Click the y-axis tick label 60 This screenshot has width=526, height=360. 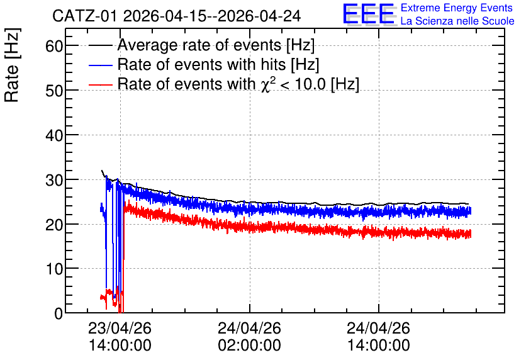tap(54, 45)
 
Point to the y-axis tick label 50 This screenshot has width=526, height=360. tap(54, 91)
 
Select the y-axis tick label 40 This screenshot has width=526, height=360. tap(54, 135)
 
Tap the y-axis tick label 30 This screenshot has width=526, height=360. tap(54, 180)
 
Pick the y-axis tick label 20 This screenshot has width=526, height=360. tap(54, 225)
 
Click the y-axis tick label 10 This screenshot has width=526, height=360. tap(54, 269)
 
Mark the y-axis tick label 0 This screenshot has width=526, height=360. tap(59, 313)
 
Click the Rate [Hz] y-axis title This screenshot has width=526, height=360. tap(12, 65)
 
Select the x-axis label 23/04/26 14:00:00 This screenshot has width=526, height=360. tap(120, 337)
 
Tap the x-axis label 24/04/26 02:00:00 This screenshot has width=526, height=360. tap(249, 337)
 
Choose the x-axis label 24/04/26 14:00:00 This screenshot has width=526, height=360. tap(378, 337)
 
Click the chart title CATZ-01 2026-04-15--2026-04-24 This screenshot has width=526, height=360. tap(176, 16)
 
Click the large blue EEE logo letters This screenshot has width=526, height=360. tap(368, 14)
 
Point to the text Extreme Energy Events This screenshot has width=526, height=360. tap(457, 8)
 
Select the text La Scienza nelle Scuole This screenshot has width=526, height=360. tap(457, 21)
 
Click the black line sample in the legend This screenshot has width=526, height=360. tap(100, 45)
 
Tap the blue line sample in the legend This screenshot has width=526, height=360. tap(100, 65)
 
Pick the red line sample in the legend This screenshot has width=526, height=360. tap(100, 84)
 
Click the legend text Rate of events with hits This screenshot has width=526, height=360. tap(201, 64)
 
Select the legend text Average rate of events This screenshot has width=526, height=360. tap(199, 45)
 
